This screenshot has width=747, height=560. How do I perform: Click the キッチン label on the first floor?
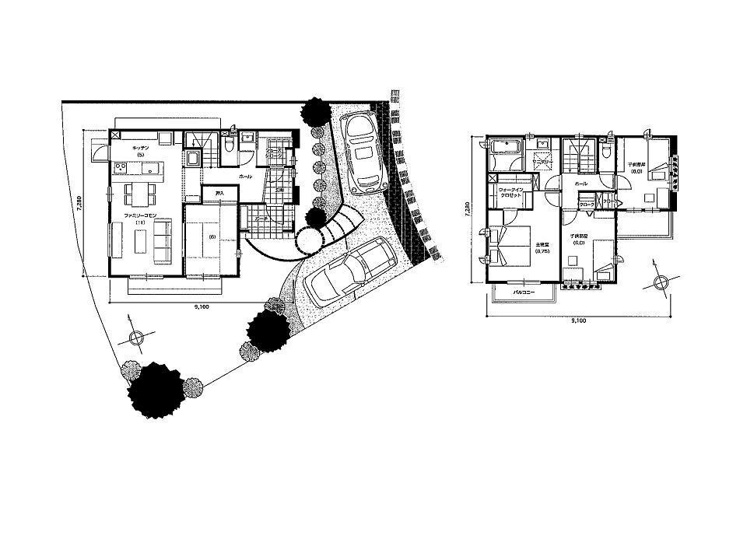141,147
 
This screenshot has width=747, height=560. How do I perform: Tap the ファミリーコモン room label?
141,214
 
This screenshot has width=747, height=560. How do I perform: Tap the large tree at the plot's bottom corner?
156,389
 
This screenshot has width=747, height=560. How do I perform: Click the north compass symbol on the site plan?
135,337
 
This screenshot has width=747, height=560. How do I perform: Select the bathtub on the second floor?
507,147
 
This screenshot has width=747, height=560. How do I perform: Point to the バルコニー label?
523,292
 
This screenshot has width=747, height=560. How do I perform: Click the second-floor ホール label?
581,184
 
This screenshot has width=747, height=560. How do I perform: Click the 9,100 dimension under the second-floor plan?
578,320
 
